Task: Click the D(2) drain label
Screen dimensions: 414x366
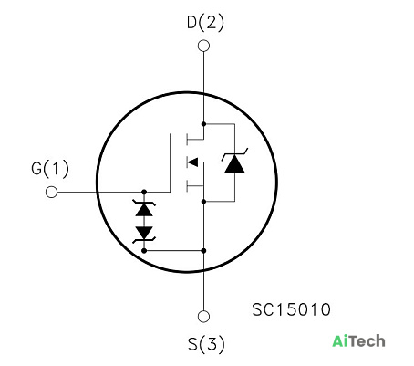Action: (205, 23)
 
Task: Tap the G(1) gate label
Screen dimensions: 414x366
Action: (50, 169)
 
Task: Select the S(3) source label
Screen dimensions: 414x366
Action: (206, 344)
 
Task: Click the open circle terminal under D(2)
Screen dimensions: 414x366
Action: (203, 46)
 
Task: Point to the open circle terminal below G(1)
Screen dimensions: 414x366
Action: (51, 192)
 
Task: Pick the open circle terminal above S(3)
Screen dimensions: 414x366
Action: (203, 317)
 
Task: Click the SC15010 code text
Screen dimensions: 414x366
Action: (291, 309)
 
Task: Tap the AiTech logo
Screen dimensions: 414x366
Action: (358, 341)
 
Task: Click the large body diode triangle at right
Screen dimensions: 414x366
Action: (234, 164)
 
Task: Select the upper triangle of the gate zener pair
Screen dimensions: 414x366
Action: (144, 210)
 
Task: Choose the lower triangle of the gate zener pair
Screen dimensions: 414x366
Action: (144, 233)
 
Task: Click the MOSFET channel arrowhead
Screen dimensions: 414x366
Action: (192, 162)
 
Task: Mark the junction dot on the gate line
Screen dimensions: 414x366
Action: (144, 192)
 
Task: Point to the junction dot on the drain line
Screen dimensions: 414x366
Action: (203, 124)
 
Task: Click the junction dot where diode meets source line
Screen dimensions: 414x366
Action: (203, 202)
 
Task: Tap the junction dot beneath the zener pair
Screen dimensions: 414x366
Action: (144, 251)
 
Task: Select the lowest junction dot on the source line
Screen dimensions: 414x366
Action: (203, 251)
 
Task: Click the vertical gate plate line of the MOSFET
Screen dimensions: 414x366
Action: (170, 162)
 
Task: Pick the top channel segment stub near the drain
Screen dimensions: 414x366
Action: (187, 140)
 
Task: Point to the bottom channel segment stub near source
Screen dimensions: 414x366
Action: (187, 185)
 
